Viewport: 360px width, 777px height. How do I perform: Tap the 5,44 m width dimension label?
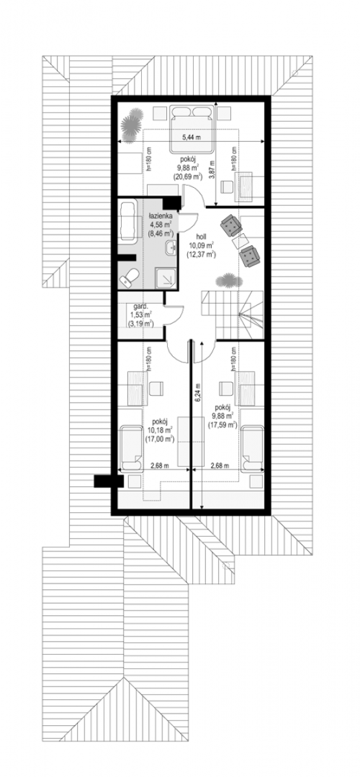click(192, 137)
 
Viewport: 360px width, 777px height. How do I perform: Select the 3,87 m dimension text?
click(212, 170)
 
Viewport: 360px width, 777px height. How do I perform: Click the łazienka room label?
click(161, 216)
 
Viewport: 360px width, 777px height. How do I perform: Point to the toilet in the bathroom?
click(129, 278)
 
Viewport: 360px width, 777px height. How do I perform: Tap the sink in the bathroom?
click(170, 247)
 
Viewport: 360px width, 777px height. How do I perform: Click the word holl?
click(201, 236)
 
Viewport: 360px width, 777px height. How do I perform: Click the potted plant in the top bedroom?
click(132, 124)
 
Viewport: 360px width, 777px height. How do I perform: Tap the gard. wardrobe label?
click(141, 306)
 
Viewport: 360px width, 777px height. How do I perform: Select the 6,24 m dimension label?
click(197, 392)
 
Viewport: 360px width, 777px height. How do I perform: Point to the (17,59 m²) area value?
click(222, 424)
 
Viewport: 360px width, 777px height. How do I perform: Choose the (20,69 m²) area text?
click(188, 177)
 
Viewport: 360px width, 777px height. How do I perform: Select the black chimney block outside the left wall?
click(109, 480)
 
